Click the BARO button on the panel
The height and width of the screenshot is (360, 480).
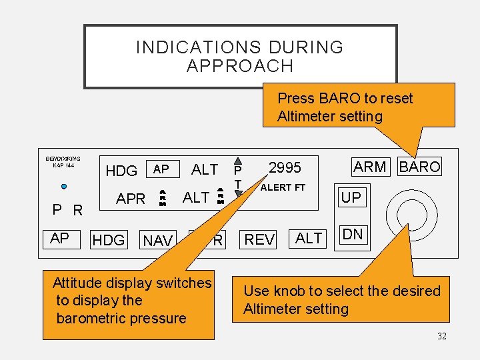[x=419, y=167]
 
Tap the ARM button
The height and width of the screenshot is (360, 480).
[x=370, y=167]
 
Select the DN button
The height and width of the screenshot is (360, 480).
[x=353, y=234]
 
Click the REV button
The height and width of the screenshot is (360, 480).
[x=259, y=239]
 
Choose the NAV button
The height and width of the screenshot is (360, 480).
[x=158, y=241]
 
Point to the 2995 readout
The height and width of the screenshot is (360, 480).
[x=285, y=167]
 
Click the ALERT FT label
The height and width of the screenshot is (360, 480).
[x=283, y=187]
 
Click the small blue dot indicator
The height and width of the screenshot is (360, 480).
[x=63, y=186]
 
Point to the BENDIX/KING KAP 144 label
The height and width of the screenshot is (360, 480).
[x=63, y=162]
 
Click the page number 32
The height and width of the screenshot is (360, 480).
[x=441, y=336]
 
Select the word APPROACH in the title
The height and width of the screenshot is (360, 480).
[x=240, y=66]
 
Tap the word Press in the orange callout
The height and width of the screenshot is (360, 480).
[x=296, y=98]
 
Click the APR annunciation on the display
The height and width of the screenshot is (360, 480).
[x=131, y=199]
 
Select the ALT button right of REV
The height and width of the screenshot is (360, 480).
[x=309, y=238]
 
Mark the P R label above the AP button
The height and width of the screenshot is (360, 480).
[x=68, y=211]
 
